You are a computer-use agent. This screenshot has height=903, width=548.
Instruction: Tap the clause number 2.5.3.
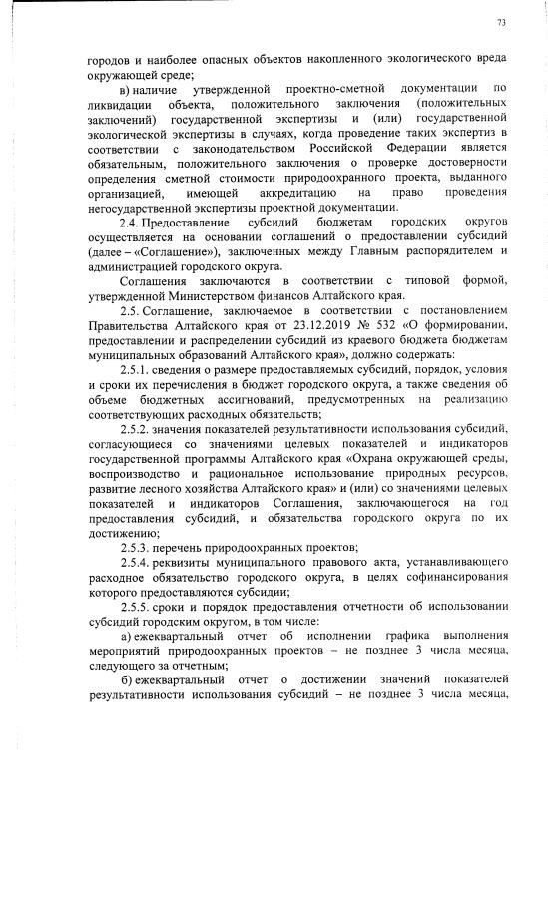coord(136,575)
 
